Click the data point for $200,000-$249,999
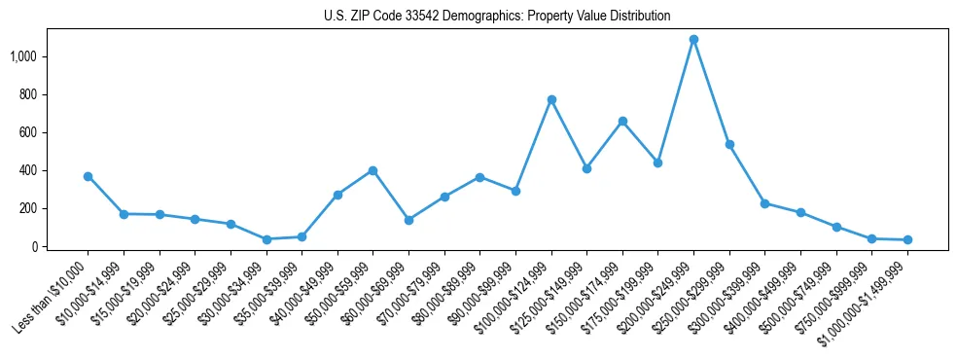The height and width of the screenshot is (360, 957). click(x=693, y=40)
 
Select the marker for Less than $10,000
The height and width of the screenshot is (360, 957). click(x=88, y=176)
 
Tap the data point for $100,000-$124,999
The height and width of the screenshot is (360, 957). click(x=551, y=99)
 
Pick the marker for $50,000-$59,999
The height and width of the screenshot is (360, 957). click(x=372, y=170)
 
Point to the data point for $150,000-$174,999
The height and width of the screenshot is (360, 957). click(x=622, y=121)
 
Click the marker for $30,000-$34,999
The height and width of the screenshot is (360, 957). click(x=266, y=239)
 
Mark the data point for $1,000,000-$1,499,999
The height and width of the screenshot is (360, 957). click(x=907, y=239)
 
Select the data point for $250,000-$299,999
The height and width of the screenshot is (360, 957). click(x=729, y=144)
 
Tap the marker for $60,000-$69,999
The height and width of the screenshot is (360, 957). click(x=408, y=220)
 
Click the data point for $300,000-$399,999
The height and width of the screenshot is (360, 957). click(x=764, y=203)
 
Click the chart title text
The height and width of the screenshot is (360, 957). click(x=497, y=16)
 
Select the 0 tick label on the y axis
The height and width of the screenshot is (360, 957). click(x=34, y=246)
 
